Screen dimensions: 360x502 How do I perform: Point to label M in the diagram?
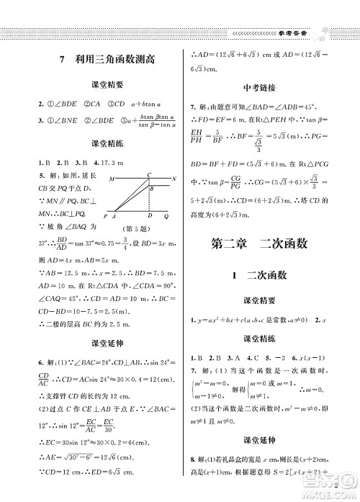(x=112, y=178)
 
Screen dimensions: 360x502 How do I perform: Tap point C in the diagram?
(x=148, y=174)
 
